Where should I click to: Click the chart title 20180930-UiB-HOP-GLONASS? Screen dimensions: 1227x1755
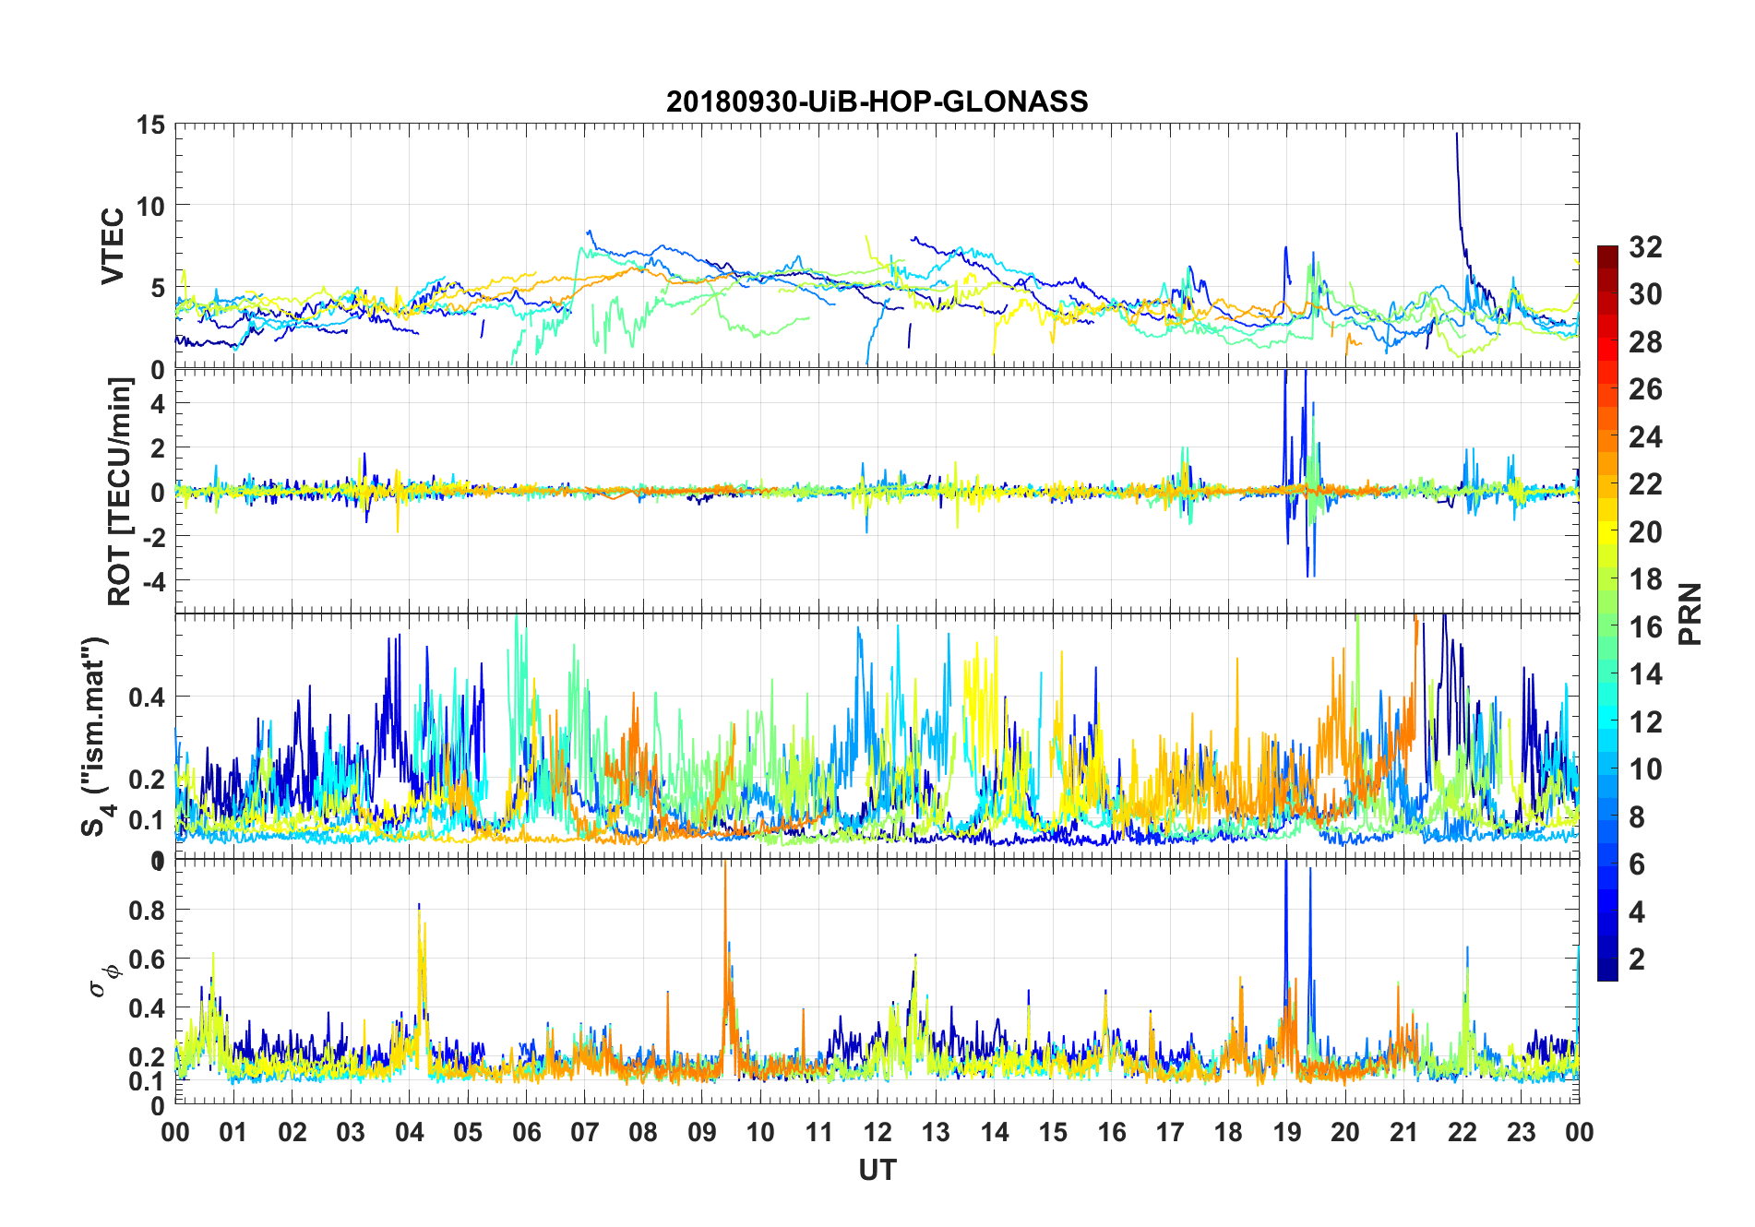(877, 101)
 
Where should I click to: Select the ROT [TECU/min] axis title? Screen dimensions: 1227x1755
(120, 491)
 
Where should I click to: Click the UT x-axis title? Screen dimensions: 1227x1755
(877, 1171)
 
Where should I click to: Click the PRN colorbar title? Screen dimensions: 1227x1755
(1690, 613)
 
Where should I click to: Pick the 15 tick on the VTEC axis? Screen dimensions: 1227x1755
(151, 125)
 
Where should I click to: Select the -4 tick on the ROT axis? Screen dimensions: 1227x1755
(153, 580)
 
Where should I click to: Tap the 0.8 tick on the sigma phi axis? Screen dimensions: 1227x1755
(148, 910)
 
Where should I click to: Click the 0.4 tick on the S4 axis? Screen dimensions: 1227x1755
(148, 697)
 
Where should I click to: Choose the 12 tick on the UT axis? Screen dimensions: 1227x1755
(877, 1132)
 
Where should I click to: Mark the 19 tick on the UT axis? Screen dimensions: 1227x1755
(1287, 1132)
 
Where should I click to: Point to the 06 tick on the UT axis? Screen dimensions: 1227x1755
(526, 1132)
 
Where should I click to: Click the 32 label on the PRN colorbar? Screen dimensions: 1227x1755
(1645, 247)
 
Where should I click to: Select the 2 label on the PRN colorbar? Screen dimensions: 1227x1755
(1637, 959)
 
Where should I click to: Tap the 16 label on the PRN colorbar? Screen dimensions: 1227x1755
(1645, 627)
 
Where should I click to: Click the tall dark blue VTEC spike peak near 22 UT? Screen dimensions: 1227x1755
(1457, 135)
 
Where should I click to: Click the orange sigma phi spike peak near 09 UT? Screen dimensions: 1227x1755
(725, 864)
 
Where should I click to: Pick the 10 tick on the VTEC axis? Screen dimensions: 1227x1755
(151, 206)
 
